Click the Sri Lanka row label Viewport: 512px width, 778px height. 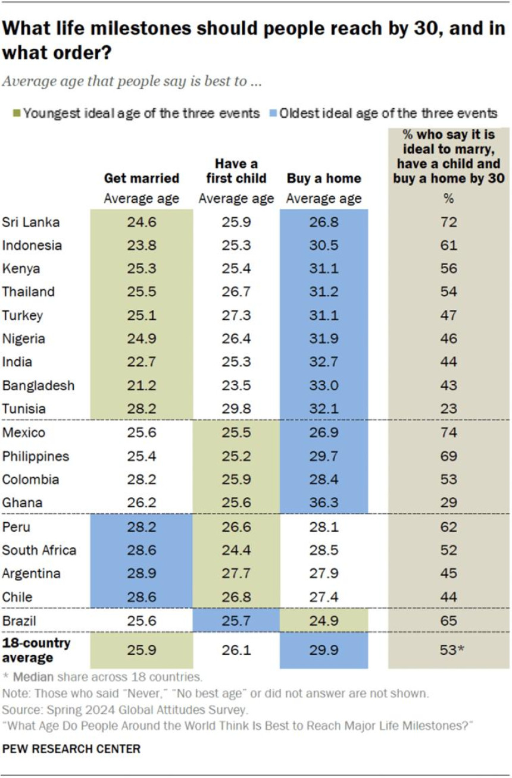point(31,222)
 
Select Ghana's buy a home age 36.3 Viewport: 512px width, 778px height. point(324,503)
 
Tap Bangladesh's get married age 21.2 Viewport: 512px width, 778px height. point(141,385)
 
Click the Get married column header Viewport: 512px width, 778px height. point(141,178)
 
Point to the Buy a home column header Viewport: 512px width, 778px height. point(324,178)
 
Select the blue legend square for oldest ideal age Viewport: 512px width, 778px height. point(274,113)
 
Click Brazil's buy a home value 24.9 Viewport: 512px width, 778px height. point(324,621)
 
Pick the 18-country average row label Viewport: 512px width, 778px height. point(36,650)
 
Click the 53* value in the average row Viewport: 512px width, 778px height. point(449,650)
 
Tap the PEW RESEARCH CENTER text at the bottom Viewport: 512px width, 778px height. point(71,749)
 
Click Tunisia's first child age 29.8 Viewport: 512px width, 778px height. point(236,409)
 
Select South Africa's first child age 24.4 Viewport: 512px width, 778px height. point(236,550)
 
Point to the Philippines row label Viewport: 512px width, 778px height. point(36,456)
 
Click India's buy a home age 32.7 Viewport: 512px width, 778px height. point(324,362)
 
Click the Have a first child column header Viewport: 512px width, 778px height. point(236,171)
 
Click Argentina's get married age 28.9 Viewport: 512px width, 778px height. point(141,573)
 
